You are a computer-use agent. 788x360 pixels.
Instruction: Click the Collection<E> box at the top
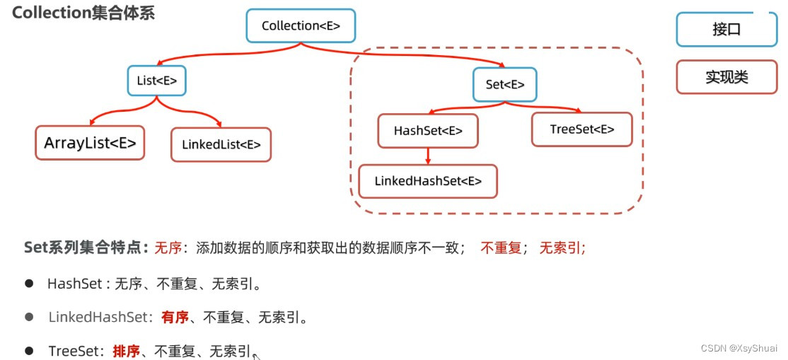tap(301, 26)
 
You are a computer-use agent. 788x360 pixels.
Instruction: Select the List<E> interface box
tap(157, 81)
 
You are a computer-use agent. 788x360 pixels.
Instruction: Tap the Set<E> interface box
tap(505, 84)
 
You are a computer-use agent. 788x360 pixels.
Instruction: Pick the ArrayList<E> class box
tap(90, 144)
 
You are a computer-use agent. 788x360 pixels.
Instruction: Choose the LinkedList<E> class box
tap(221, 145)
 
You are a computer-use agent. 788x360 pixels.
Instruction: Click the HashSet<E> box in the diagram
tap(428, 131)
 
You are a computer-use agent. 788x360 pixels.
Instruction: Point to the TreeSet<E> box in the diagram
tap(581, 129)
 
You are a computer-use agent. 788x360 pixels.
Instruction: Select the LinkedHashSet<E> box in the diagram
tap(428, 181)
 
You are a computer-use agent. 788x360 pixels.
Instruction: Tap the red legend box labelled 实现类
tap(726, 77)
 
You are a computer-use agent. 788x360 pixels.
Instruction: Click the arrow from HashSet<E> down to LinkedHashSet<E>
tap(428, 156)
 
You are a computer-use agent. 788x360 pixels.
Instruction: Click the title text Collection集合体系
tap(83, 13)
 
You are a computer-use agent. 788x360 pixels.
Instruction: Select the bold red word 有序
tap(175, 317)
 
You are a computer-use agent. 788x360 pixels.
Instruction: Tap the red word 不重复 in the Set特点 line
tap(501, 248)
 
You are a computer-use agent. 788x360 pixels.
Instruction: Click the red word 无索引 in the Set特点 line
tap(562, 248)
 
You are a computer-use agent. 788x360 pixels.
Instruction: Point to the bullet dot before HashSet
tap(29, 283)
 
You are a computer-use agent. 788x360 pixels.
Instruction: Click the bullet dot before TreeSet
tap(29, 351)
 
